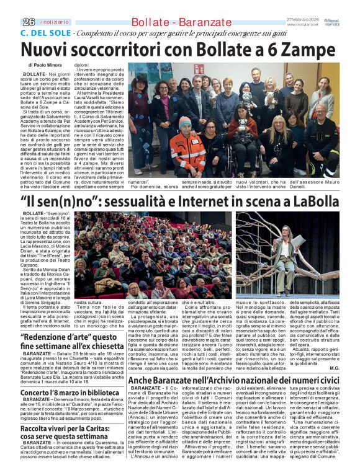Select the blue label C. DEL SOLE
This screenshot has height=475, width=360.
(40, 32)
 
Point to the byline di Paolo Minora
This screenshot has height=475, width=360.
(45, 64)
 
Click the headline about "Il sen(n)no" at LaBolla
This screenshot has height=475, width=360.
(180, 202)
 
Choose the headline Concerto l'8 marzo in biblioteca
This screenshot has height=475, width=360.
(70, 393)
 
